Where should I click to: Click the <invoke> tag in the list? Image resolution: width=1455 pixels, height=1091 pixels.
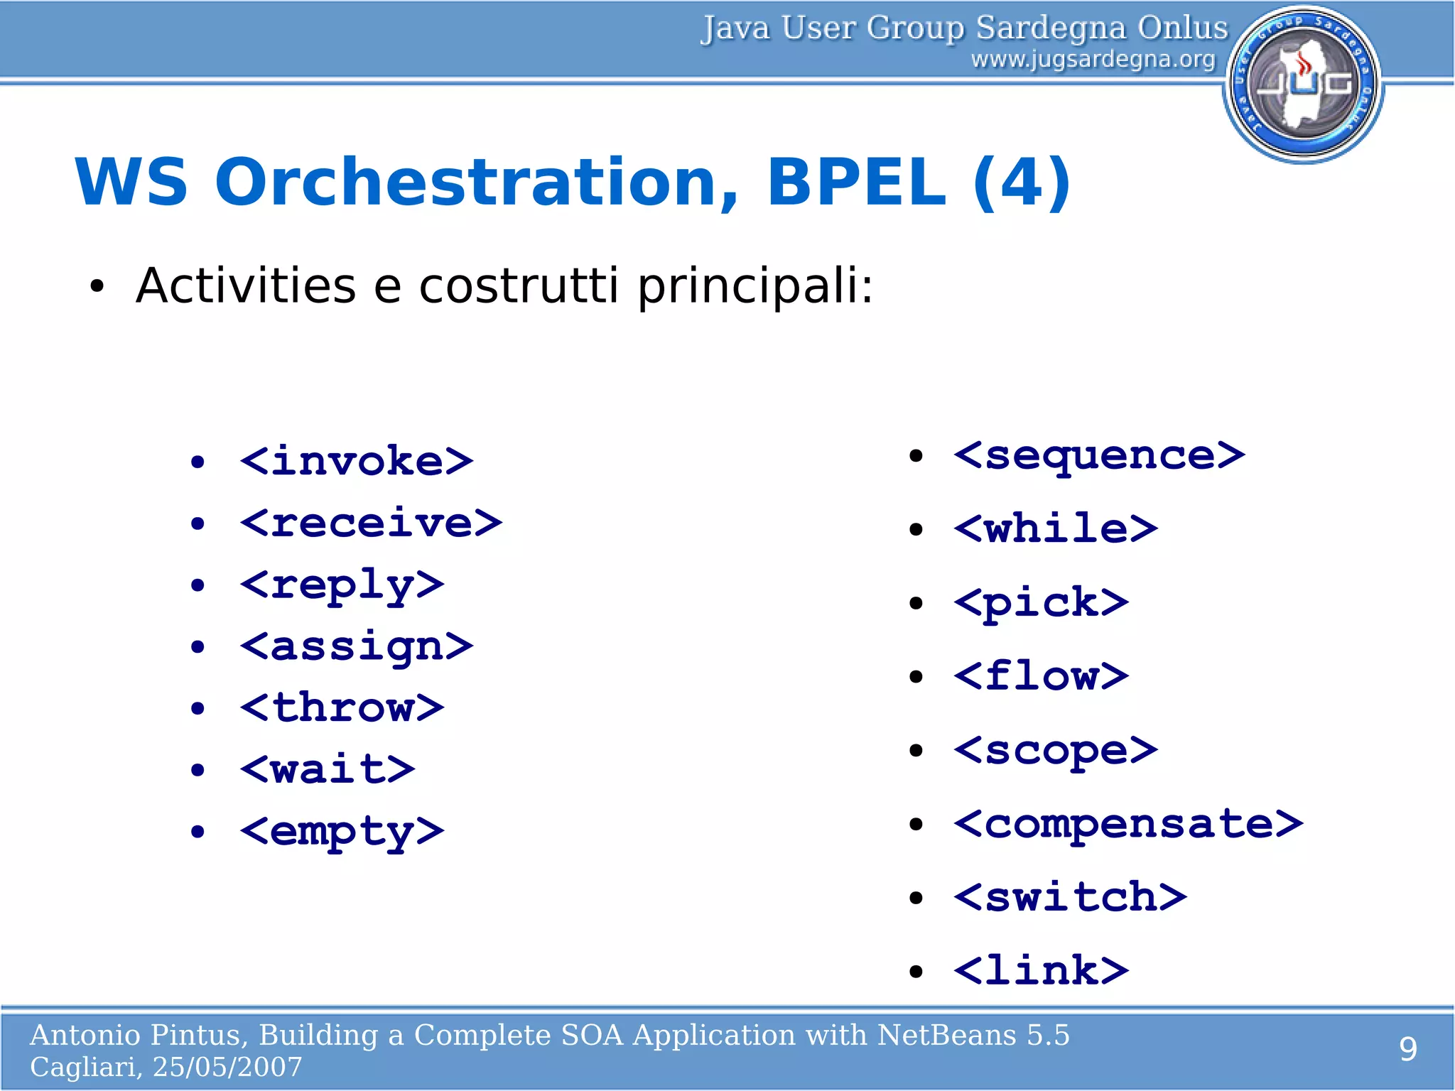coord(357,462)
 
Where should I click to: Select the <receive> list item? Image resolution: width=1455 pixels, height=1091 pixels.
coord(371,523)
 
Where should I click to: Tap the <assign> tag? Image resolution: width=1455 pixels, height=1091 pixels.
coord(357,647)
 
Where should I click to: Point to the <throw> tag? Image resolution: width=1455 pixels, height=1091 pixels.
coord(342,708)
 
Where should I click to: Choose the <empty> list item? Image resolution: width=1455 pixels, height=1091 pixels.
coord(342,832)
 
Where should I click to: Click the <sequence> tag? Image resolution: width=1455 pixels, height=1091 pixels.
coord(1099,455)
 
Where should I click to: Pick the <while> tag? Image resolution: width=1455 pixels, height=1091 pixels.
coord(1056,529)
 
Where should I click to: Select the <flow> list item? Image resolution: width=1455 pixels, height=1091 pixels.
coord(1041,676)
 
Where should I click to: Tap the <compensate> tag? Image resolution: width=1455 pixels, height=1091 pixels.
coord(1128,824)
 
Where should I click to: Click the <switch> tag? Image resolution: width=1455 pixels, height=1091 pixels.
coord(1070,897)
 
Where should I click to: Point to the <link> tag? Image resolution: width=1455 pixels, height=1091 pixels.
coord(1041,971)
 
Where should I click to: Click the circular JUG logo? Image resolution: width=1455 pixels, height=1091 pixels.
coord(1303,84)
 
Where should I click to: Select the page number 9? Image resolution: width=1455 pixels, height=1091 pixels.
coord(1407,1050)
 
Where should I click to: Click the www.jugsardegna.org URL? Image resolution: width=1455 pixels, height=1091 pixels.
coord(1093,60)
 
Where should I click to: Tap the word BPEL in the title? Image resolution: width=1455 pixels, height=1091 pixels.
coord(856,183)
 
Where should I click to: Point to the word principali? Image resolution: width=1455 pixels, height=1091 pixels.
coord(754,286)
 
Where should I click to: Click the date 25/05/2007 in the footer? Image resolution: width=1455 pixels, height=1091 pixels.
coord(227,1067)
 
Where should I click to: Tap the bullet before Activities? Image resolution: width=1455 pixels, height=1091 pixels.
coord(97,288)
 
